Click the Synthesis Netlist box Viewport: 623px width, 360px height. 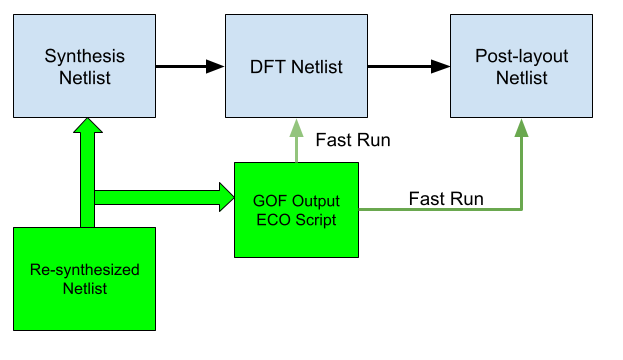[x=85, y=66]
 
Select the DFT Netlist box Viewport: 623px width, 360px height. [x=295, y=66]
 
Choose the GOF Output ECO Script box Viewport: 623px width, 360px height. [x=296, y=209]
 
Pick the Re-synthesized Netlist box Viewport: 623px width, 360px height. [x=84, y=279]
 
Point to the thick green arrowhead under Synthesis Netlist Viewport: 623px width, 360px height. [x=86, y=128]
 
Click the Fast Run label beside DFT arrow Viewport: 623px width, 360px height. [x=352, y=140]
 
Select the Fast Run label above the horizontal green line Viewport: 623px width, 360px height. [x=446, y=198]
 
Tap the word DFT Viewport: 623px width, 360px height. [x=265, y=67]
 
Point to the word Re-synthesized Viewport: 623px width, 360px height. [x=84, y=270]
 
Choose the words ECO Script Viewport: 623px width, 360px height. [x=296, y=219]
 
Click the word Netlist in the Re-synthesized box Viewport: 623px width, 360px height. [x=84, y=289]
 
